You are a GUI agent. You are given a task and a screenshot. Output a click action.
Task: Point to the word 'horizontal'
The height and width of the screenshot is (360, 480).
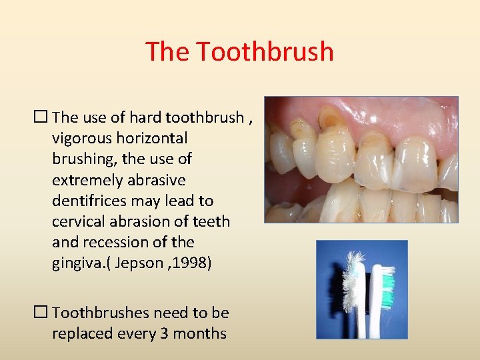(153, 139)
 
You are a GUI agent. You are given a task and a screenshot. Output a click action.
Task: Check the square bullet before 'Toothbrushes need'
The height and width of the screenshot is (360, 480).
(42, 312)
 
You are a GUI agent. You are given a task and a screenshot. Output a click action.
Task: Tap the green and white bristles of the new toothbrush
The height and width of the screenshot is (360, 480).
(385, 283)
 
